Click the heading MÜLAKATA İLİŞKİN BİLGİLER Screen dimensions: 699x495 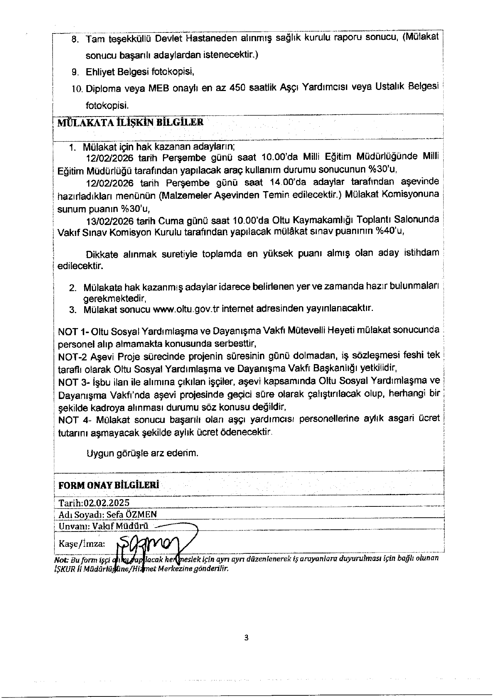[x=130, y=122]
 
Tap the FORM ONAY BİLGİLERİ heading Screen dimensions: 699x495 [x=109, y=485]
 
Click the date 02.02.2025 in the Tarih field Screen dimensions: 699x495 [x=106, y=503]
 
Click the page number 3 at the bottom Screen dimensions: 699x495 [x=246, y=637]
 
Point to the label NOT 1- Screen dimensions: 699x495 [x=73, y=332]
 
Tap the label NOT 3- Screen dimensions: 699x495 [x=74, y=382]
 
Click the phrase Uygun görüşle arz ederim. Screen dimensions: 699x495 [x=143, y=454]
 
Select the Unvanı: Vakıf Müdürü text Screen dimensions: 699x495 [x=104, y=526]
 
